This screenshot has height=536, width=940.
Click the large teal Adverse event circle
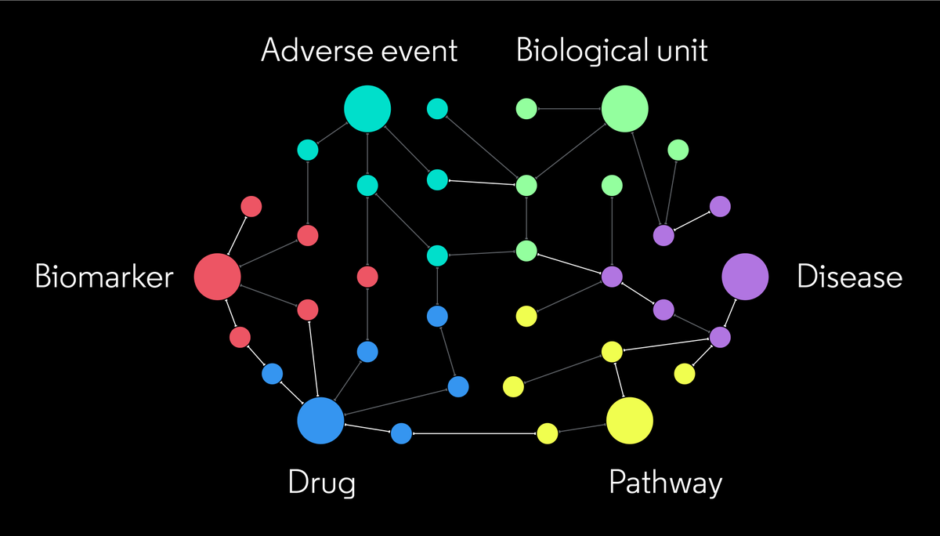pyautogui.click(x=367, y=109)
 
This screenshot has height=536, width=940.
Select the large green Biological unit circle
pyautogui.click(x=625, y=109)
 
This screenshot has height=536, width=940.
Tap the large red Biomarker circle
pyautogui.click(x=217, y=277)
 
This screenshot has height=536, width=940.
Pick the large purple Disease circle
pyautogui.click(x=745, y=277)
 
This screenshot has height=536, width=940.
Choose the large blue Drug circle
pyautogui.click(x=320, y=421)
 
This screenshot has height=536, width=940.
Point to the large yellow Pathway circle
pyautogui.click(x=630, y=421)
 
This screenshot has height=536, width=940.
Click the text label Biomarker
pyautogui.click(x=103, y=277)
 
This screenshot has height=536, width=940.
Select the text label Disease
pyautogui.click(x=850, y=277)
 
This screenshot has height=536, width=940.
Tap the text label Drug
pyautogui.click(x=321, y=483)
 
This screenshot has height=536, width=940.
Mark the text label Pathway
pyautogui.click(x=665, y=483)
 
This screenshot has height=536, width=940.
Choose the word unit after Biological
pyautogui.click(x=681, y=51)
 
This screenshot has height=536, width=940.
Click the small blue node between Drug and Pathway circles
pyautogui.click(x=401, y=433)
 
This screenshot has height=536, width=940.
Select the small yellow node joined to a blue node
pyautogui.click(x=548, y=433)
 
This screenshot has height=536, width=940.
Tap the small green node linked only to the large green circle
pyautogui.click(x=526, y=109)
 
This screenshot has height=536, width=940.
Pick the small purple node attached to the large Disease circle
pyautogui.click(x=720, y=337)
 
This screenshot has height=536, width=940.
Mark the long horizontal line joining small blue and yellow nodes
pyautogui.click(x=474, y=433)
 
